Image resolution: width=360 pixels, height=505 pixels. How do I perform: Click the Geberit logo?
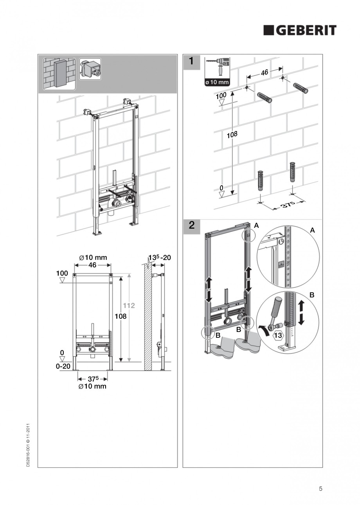299,30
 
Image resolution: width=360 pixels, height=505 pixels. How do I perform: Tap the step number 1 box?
191,61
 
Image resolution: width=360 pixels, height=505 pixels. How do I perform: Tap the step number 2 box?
191,225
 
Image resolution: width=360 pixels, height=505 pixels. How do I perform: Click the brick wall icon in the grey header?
59,74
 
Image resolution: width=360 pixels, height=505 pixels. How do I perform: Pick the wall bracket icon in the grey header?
90,69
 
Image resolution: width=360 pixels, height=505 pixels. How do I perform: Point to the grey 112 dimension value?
129,305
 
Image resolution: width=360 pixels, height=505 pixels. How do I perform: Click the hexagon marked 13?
278,335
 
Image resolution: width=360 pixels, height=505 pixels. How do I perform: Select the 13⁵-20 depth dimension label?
159,258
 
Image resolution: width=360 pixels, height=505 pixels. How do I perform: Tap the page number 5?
320,488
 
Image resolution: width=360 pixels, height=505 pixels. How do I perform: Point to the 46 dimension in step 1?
264,72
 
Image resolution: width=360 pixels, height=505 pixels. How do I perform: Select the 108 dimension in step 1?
232,135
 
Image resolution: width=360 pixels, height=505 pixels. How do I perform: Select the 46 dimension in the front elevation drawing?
92,265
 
